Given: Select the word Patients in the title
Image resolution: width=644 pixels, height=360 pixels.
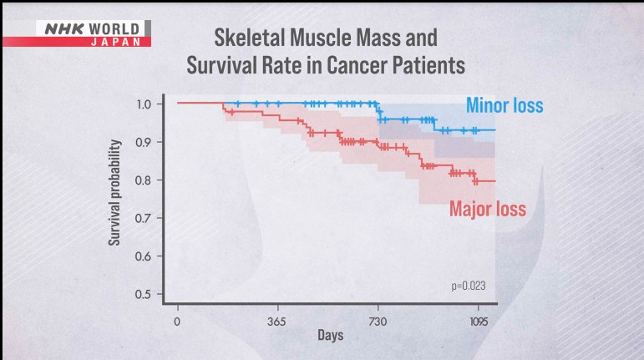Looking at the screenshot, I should point(429,64).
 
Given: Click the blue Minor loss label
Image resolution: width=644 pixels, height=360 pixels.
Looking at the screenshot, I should point(504,106).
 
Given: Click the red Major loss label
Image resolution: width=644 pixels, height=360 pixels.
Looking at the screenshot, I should point(488,209).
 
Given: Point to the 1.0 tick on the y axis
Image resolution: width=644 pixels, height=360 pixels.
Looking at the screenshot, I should point(145,104).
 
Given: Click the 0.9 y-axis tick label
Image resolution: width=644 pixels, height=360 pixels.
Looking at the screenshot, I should point(145,142).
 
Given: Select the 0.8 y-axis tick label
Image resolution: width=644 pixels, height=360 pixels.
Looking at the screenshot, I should point(145,180).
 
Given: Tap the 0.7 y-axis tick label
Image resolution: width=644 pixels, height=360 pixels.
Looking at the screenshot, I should point(145,218).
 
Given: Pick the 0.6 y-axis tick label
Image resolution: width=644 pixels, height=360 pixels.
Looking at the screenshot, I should point(145,256).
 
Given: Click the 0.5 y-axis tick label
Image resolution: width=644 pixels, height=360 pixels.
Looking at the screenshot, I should point(145,294).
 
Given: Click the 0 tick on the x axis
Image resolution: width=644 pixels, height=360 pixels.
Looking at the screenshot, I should point(177,321).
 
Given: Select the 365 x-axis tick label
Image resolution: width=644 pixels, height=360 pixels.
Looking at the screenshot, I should point(277,321).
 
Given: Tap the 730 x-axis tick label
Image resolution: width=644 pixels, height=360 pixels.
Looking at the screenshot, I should point(378,321).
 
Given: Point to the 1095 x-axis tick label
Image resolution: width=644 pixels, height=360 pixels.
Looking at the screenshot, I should point(479,321).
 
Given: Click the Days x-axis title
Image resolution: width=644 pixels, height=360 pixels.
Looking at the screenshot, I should point(330,337).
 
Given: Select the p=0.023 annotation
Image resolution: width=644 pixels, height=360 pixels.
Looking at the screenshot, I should point(468,286).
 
